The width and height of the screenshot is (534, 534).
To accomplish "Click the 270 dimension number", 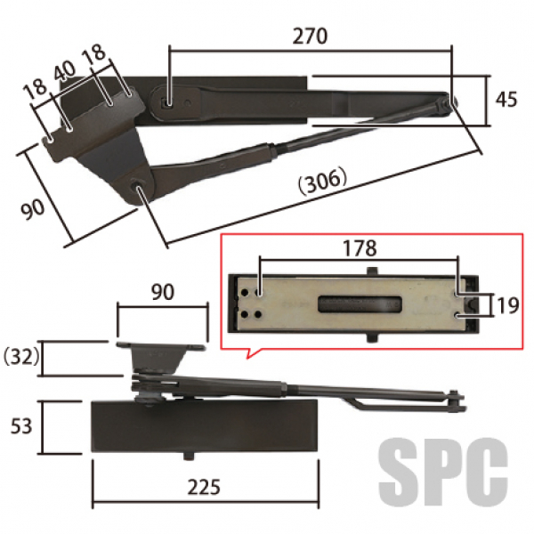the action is click(x=310, y=36).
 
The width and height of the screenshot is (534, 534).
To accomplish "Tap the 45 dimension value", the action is click(x=506, y=100).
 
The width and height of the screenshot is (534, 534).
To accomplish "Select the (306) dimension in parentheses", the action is click(x=322, y=181).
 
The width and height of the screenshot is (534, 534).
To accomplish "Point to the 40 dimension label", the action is click(x=65, y=70).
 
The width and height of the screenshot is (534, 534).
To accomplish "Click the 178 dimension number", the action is click(x=360, y=248).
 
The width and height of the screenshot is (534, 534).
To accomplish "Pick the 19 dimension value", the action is click(x=508, y=305).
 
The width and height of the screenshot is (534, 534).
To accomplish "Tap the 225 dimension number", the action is click(x=204, y=487).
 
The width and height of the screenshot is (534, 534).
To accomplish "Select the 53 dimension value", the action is click(x=21, y=426).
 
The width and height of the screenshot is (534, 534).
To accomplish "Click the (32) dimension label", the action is click(x=21, y=357).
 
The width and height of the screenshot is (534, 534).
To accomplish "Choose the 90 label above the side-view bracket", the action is click(x=163, y=292).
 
